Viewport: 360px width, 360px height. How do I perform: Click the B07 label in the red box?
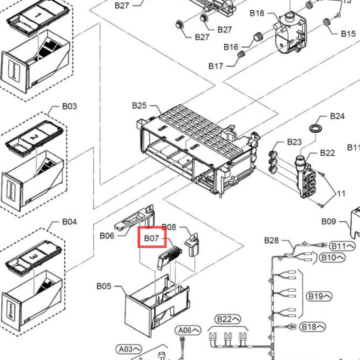[152, 238]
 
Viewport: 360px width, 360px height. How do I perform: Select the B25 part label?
[139, 106]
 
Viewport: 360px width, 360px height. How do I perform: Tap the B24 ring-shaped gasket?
[316, 128]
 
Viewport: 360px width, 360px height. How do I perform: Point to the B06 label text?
[107, 236]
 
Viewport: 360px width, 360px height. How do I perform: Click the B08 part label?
[169, 227]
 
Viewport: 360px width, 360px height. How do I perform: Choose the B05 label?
[104, 286]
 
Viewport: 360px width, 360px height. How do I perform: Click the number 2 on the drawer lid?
[34, 137]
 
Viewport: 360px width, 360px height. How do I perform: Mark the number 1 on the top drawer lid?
[38, 15]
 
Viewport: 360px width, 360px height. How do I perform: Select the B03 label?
[70, 106]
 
